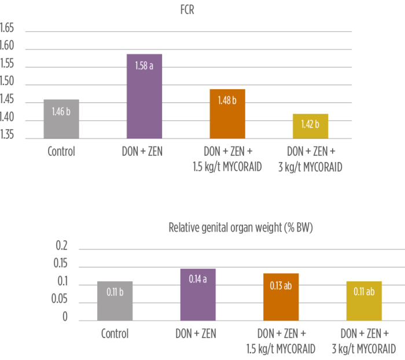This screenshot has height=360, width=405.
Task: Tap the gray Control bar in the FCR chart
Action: [x=61, y=119]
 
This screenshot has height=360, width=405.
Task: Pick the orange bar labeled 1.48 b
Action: [x=227, y=113]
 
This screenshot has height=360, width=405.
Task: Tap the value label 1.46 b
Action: [x=61, y=111]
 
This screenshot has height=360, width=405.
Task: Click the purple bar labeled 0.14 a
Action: [x=198, y=295]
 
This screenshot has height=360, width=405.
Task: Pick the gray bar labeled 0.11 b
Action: [x=115, y=300]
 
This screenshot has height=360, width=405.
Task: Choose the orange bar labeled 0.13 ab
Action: [x=281, y=296]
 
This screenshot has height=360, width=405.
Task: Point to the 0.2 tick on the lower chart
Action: [x=62, y=247]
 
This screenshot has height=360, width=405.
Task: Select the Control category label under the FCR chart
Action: [x=61, y=153]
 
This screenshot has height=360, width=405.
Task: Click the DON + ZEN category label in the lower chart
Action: [x=198, y=334]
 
